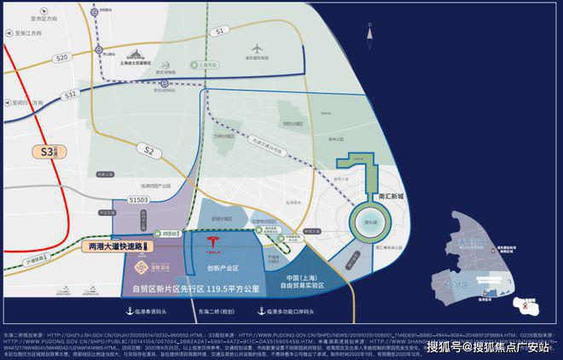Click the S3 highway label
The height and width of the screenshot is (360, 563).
point(49,152)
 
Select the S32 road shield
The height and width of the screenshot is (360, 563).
point(70,93)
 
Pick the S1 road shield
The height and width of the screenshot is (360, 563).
point(220,31)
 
